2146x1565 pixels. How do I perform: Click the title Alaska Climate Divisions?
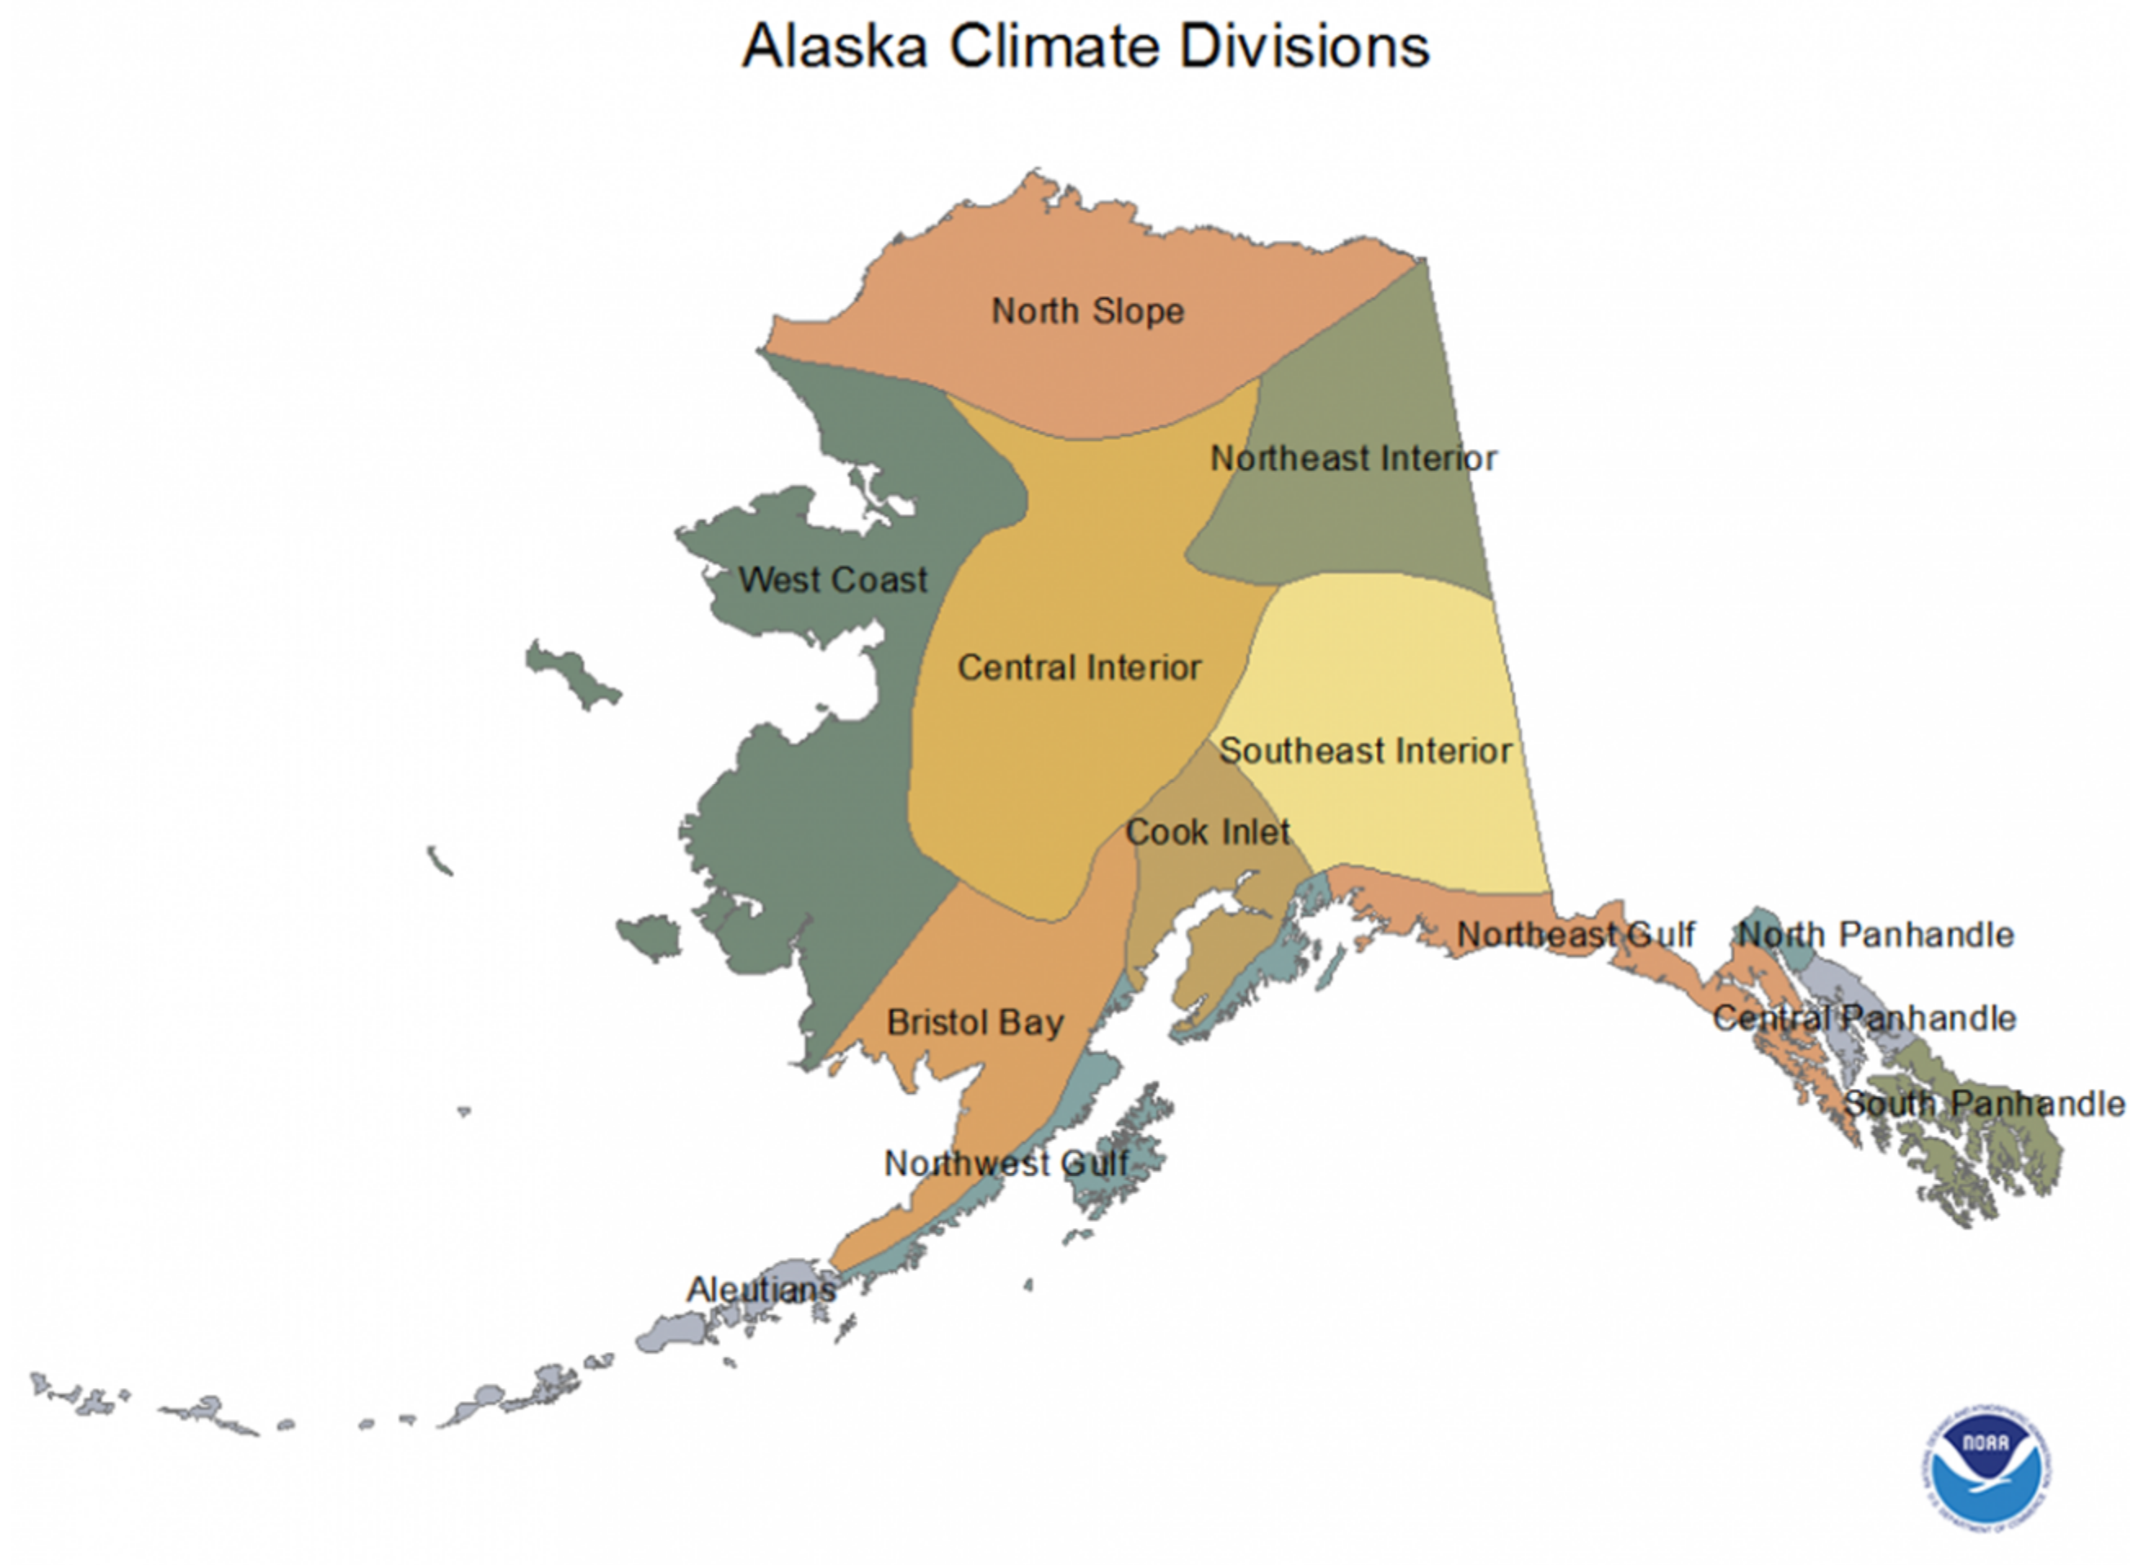(1086, 46)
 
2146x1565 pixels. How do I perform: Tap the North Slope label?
(1088, 311)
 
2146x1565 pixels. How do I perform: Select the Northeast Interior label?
(1354, 459)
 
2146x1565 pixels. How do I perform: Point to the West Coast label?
(833, 580)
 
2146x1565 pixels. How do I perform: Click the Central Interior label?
(1080, 668)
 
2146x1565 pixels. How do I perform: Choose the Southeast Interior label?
(1365, 751)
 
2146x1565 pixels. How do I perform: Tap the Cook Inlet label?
(1207, 833)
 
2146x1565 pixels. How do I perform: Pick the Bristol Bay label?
(975, 1022)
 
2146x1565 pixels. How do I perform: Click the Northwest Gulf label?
(1006, 1163)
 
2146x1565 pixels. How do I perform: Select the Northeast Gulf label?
(1574, 934)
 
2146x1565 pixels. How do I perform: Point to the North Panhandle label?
(1876, 935)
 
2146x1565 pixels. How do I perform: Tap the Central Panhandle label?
(1864, 1018)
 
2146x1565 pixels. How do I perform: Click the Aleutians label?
(762, 1289)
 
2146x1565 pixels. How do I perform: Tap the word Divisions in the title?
(1305, 46)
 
